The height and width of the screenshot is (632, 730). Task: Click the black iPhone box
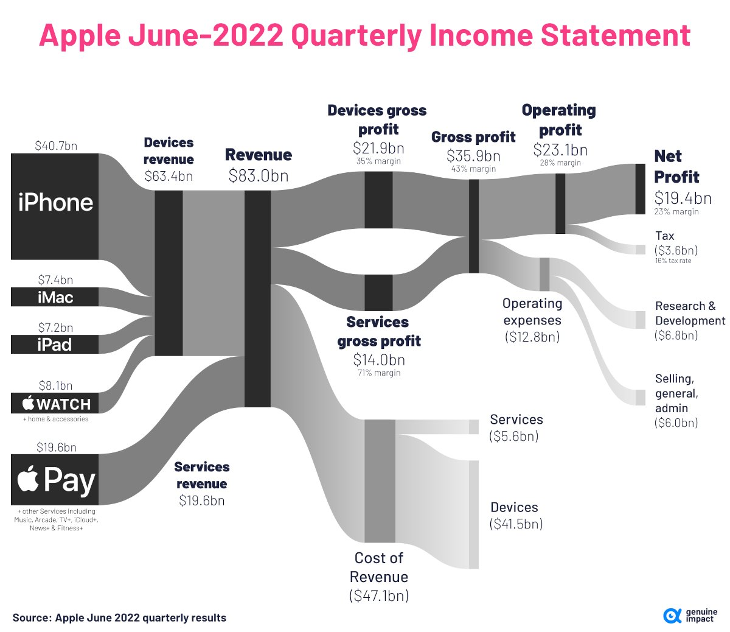click(x=55, y=206)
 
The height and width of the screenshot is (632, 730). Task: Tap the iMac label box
click(x=55, y=297)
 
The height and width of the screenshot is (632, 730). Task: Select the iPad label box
click(x=55, y=345)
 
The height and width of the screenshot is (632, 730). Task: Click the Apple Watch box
click(x=55, y=403)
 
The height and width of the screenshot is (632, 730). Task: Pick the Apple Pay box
click(x=55, y=479)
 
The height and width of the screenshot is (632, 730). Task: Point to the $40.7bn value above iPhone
click(x=56, y=146)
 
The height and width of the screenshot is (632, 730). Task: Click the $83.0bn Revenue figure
click(x=259, y=176)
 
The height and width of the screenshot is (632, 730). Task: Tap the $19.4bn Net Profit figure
click(x=683, y=198)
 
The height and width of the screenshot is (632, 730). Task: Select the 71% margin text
click(x=379, y=373)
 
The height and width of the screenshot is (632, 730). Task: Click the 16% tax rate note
click(x=673, y=261)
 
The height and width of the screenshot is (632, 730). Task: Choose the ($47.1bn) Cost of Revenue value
click(x=379, y=595)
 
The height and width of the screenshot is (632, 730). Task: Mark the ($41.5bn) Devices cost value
click(x=516, y=524)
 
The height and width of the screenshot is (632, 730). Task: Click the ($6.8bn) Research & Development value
click(x=676, y=335)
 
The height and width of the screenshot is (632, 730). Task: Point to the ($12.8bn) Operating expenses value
click(x=532, y=337)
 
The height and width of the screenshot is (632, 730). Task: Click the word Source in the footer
click(x=30, y=618)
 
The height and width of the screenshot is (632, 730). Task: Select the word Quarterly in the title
click(x=356, y=36)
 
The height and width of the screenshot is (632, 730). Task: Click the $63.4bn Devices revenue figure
click(x=169, y=177)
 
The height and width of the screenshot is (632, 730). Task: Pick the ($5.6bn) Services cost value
click(x=513, y=436)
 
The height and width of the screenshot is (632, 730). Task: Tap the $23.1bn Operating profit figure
click(x=560, y=150)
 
